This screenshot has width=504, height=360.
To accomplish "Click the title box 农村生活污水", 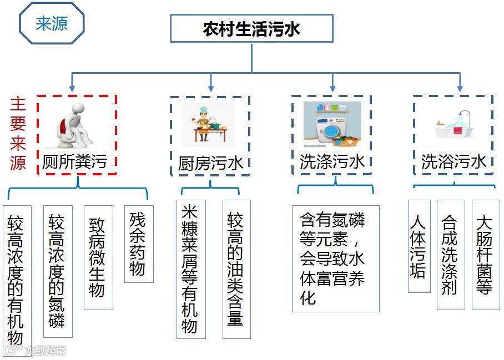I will point(251,28).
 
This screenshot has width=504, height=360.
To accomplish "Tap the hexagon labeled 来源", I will point(52,24).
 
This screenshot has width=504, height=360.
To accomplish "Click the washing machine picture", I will point(332,124).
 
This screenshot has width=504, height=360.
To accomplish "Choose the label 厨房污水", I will point(210,163).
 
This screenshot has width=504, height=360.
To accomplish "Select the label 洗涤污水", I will point(332,161).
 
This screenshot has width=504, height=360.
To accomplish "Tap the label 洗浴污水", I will point(453,161).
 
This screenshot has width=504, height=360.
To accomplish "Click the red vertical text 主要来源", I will point(18,134).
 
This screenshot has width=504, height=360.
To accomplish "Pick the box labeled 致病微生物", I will point(98,257).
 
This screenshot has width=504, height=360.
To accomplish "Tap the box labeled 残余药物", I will point(138,244).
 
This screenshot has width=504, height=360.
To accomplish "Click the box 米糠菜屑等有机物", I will point(190,269).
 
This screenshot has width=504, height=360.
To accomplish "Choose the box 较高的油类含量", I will point(236,269).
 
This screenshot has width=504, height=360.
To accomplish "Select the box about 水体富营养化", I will point(335,258).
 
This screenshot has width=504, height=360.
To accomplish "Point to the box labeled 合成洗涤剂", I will point(450,254).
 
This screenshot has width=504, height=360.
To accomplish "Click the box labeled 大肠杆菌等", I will point(485,254).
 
